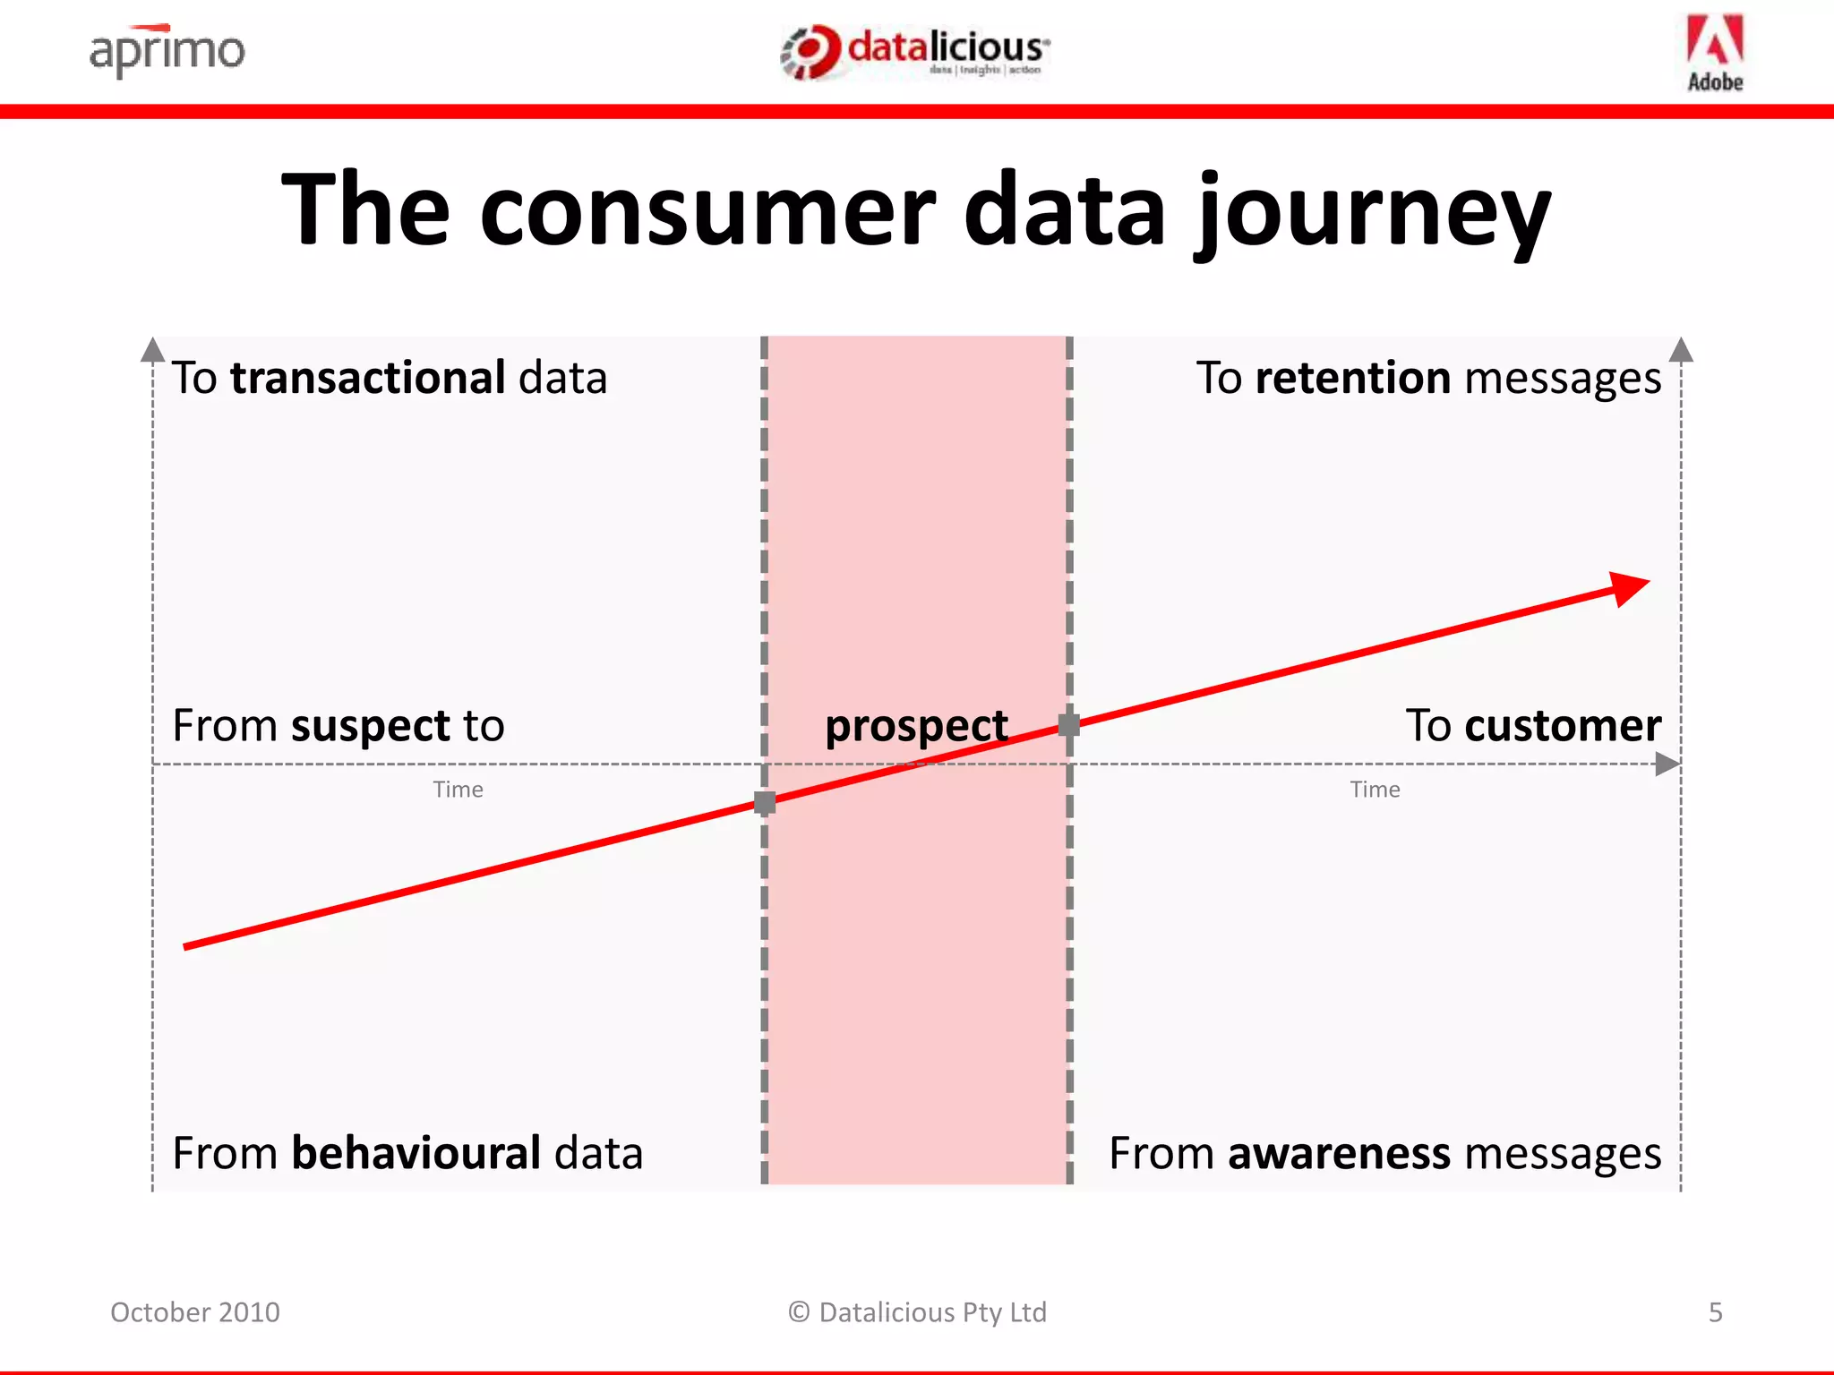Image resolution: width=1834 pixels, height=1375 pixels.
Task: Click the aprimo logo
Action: pyautogui.click(x=167, y=51)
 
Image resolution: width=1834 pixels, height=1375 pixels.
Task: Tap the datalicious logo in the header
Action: pyautogui.click(x=915, y=52)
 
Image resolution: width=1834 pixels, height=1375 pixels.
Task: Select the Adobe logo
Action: pyautogui.click(x=1715, y=53)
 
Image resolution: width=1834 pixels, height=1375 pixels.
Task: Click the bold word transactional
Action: pyautogui.click(x=368, y=378)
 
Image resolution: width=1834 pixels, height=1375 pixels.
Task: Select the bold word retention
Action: pyautogui.click(x=1352, y=378)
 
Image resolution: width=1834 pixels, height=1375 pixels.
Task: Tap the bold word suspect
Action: pyautogui.click(x=371, y=726)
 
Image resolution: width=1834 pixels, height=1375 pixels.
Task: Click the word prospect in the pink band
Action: pyautogui.click(x=916, y=726)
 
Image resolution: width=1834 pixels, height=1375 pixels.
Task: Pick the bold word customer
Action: pyautogui.click(x=1563, y=725)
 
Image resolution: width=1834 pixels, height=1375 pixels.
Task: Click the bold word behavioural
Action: pyautogui.click(x=416, y=1153)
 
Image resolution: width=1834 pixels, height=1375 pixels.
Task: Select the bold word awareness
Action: pyautogui.click(x=1339, y=1153)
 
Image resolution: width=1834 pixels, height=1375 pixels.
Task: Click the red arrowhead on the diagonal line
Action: pyautogui.click(x=1629, y=589)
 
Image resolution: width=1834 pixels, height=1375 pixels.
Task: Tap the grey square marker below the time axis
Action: pyautogui.click(x=765, y=803)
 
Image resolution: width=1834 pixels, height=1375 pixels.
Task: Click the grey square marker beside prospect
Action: pyautogui.click(x=1069, y=725)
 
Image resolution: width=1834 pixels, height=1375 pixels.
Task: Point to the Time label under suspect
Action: pyautogui.click(x=458, y=790)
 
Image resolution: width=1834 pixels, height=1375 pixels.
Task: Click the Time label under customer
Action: pyautogui.click(x=1375, y=790)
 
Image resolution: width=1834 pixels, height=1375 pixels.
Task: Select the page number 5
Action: pyautogui.click(x=1715, y=1312)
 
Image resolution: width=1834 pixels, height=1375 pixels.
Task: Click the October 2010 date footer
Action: pyautogui.click(x=195, y=1312)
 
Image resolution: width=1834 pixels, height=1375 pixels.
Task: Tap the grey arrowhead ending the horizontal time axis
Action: pyautogui.click(x=1667, y=764)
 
